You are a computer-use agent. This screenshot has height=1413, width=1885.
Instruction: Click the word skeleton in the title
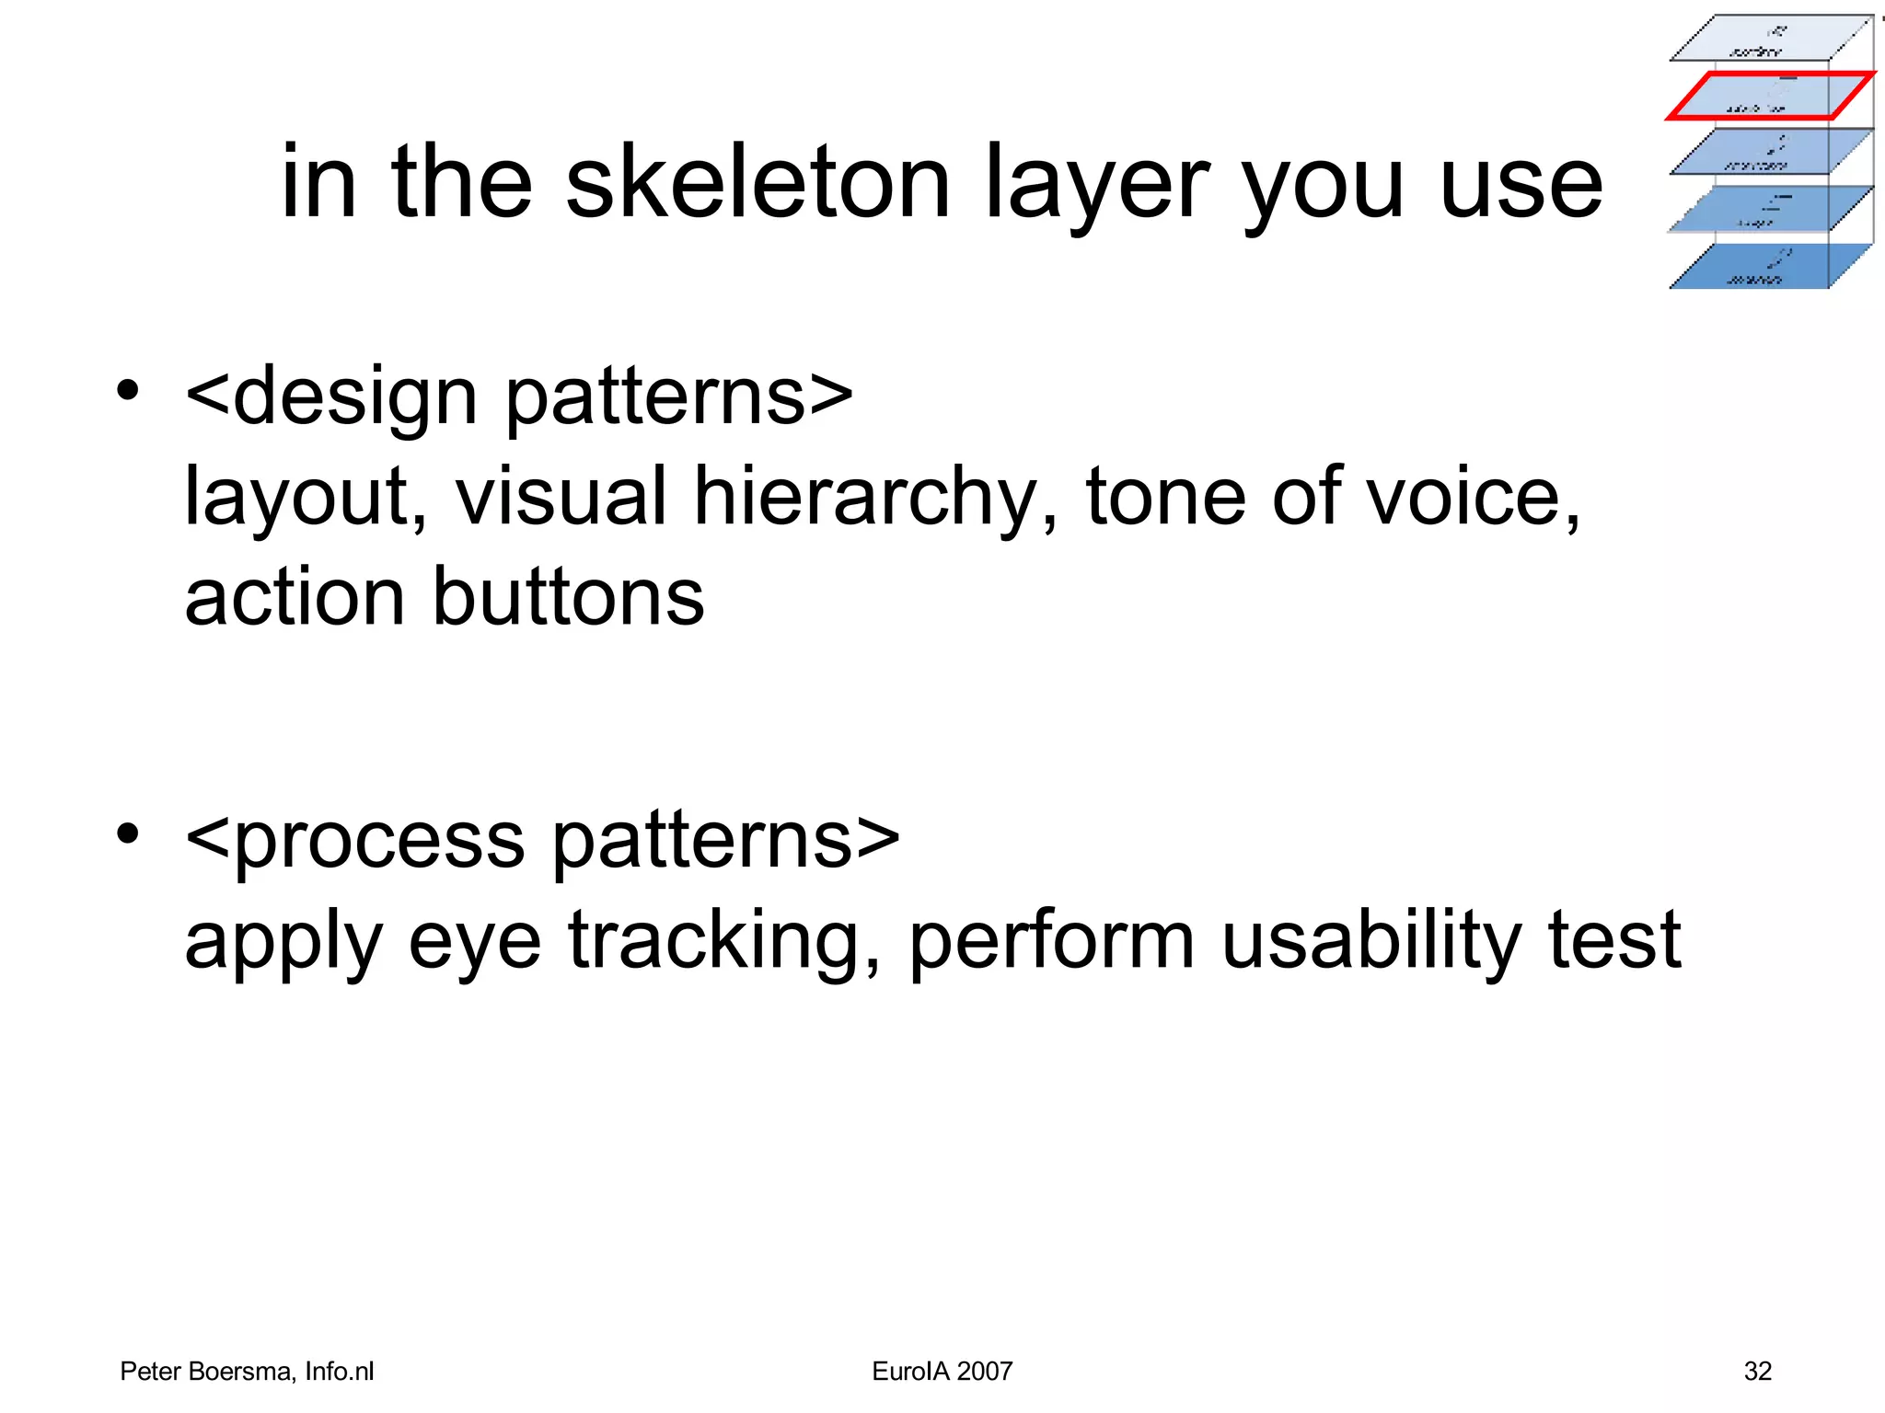click(x=757, y=183)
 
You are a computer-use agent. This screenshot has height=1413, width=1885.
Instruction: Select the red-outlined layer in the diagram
click(x=1770, y=96)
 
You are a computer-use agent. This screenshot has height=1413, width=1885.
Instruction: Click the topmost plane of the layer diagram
click(x=1770, y=39)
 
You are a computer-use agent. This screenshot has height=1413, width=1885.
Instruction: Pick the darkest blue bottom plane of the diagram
click(x=1770, y=267)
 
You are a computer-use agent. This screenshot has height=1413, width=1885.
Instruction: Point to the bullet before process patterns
click(x=128, y=833)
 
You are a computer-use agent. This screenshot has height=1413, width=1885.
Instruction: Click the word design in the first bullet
click(x=355, y=397)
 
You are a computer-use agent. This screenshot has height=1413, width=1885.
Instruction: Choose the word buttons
click(x=568, y=597)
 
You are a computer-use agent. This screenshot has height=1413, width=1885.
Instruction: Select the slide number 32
click(x=1757, y=1372)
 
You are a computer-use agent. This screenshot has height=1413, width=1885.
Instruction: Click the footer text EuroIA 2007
click(x=942, y=1372)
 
